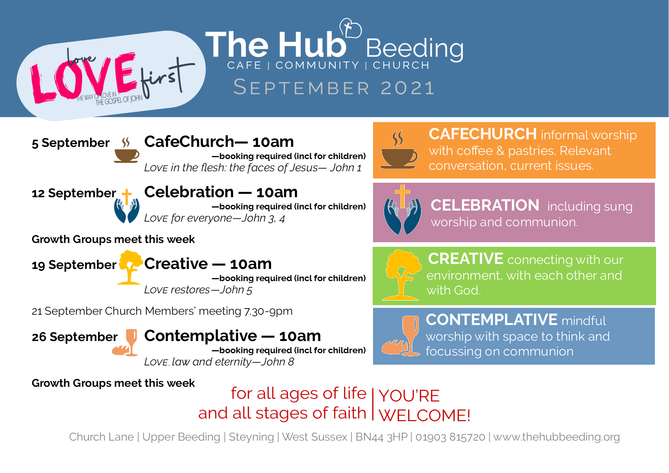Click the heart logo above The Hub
[x=351, y=28]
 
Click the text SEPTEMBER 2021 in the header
[x=334, y=87]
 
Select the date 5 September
[x=71, y=143]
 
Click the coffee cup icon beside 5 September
[x=127, y=150]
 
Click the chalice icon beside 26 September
[x=125, y=343]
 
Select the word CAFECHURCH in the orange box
[x=482, y=134]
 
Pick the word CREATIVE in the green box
[x=466, y=259]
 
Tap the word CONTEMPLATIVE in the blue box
[x=492, y=320]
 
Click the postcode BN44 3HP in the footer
[x=381, y=437]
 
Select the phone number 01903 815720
[x=450, y=437]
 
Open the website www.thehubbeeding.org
[x=556, y=437]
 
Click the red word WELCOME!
[x=425, y=415]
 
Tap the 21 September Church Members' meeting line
[x=162, y=311]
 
